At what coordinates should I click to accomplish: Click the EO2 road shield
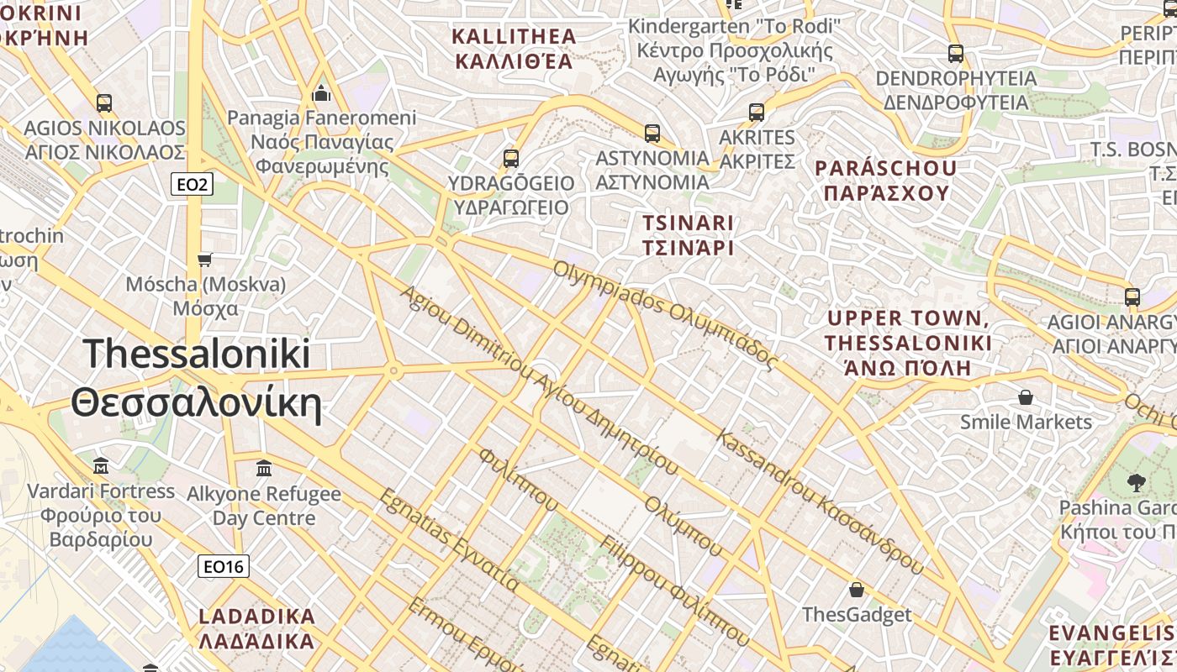click(192, 184)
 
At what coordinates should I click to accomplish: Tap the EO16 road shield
click(224, 566)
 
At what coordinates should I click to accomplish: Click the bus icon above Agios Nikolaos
click(103, 103)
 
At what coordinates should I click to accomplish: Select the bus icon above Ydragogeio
click(510, 158)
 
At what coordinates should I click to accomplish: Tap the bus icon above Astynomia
click(652, 133)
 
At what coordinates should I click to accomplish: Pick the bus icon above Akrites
click(757, 112)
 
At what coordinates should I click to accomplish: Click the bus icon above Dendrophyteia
click(956, 54)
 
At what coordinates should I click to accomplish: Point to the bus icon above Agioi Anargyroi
click(1132, 297)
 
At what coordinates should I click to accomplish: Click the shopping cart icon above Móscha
click(205, 260)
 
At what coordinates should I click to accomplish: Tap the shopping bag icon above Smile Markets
click(1025, 396)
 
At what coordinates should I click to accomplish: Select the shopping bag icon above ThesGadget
click(856, 590)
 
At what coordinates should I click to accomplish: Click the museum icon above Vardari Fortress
click(101, 465)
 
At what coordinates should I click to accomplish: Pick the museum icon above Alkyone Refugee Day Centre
click(264, 468)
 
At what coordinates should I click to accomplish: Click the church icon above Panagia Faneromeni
click(321, 92)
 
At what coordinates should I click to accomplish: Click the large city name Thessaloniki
click(197, 378)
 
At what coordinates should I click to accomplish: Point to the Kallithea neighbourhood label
click(515, 49)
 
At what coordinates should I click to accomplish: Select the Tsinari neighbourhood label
click(688, 235)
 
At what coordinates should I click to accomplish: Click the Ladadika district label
click(256, 628)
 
